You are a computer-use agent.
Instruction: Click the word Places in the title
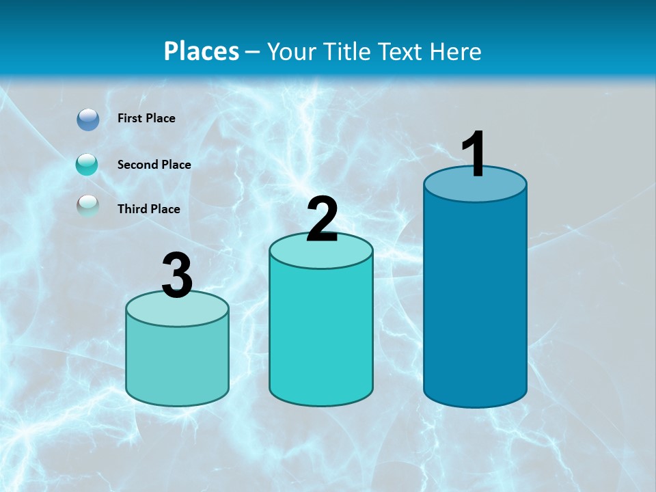[x=202, y=51]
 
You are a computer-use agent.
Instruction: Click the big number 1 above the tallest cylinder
[x=474, y=154]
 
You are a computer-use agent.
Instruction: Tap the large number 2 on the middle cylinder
[x=322, y=219]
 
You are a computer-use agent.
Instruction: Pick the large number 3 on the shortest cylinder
[x=178, y=275]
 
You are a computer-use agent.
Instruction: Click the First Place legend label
[x=146, y=118]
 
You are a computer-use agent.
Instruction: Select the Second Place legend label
[x=154, y=165]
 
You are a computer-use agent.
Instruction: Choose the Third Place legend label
[x=148, y=209]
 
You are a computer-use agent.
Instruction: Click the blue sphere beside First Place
[x=88, y=120]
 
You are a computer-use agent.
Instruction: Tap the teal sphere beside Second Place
[x=87, y=165]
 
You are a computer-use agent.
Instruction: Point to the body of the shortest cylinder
[x=178, y=362]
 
